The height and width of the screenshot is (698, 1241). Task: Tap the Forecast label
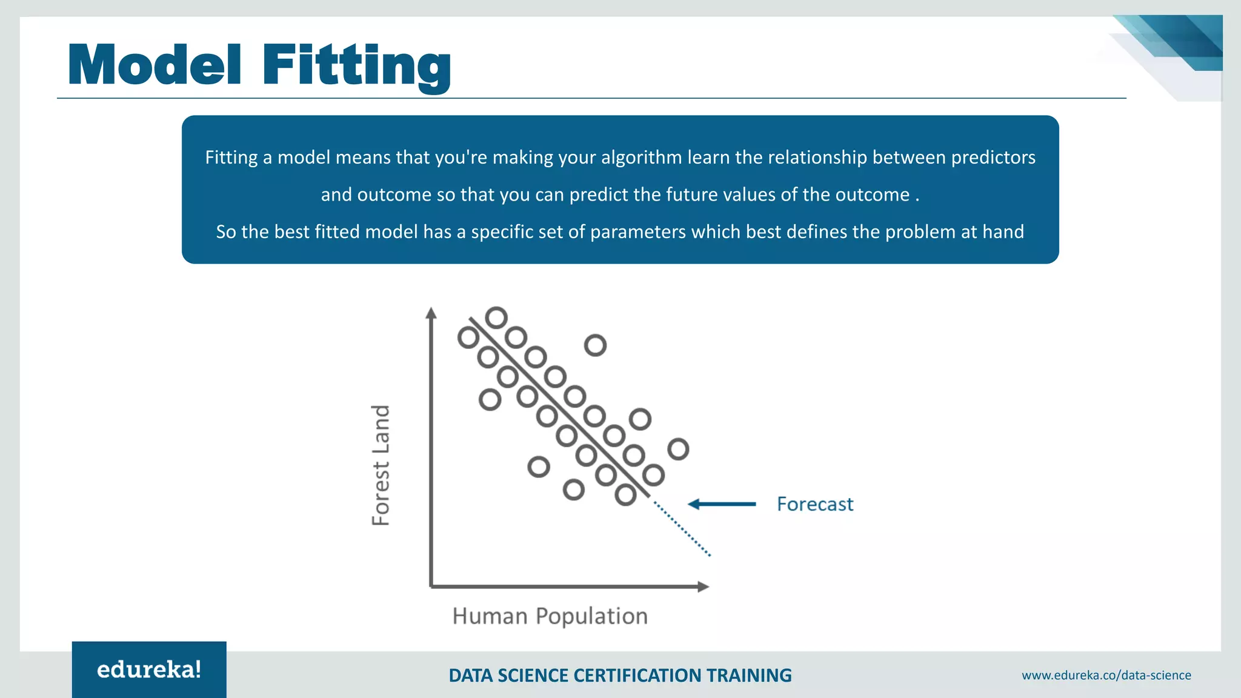(814, 504)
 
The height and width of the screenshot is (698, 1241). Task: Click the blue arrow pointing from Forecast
(722, 504)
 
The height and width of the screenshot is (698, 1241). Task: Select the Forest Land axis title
(381, 465)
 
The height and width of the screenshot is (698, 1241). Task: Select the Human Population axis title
(550, 616)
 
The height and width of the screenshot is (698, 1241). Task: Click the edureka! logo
(149, 670)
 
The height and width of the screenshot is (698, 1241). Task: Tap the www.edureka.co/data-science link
(1106, 675)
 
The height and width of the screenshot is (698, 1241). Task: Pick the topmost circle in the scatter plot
(496, 317)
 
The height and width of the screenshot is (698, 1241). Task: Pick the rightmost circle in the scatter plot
(678, 449)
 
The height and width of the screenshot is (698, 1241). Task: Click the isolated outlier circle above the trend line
(595, 345)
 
